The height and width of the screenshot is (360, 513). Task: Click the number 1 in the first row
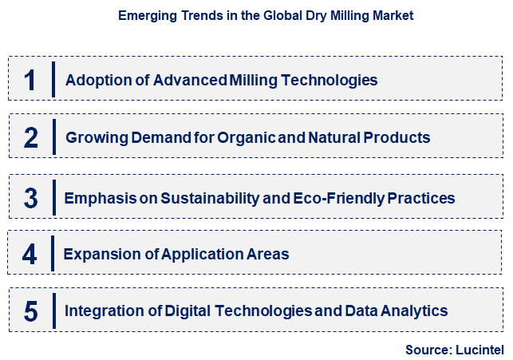tap(30, 80)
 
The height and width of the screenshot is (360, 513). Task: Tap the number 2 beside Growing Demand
tap(31, 137)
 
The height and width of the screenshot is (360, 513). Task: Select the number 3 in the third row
tap(31, 197)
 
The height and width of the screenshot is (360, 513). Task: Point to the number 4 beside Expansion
tap(30, 254)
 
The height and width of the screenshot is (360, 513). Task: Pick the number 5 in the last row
tap(31, 311)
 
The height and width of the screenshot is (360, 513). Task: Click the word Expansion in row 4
tap(97, 254)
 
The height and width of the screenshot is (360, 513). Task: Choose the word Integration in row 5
tap(101, 311)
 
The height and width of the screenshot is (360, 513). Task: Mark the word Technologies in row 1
tap(328, 80)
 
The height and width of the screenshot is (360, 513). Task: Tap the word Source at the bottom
tap(428, 348)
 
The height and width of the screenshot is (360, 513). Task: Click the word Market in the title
tap(393, 15)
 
